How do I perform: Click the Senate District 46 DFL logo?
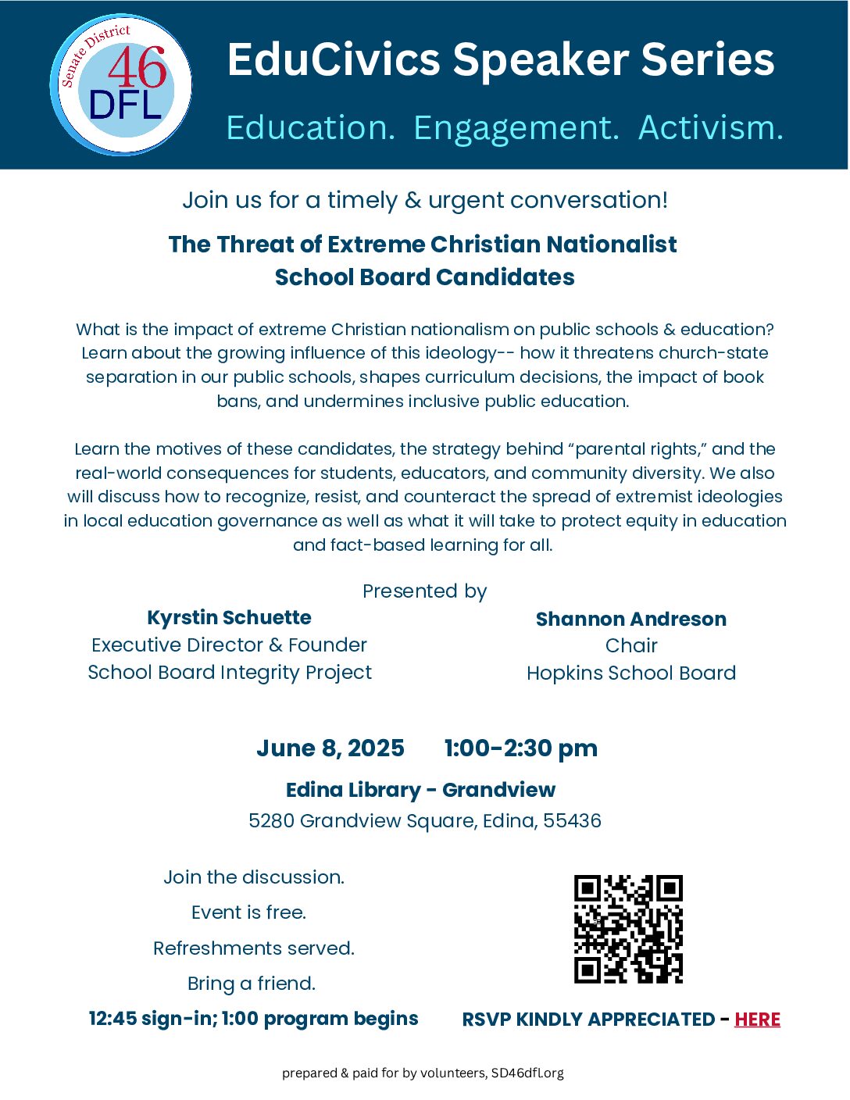point(121,84)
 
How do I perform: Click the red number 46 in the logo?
point(137,68)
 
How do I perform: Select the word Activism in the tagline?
point(710,127)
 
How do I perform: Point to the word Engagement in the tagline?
point(516,128)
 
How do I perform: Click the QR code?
point(628,929)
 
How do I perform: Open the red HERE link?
point(757,1020)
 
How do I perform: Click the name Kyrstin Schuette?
point(229,618)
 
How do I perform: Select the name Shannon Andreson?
point(630,620)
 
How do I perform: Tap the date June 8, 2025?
point(330,748)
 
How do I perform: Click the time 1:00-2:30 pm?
point(520,748)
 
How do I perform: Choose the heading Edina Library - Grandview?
point(420,790)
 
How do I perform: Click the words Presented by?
point(424,591)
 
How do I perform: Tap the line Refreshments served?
point(254,948)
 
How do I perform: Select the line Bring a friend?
point(252,984)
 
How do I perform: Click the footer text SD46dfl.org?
point(527,1073)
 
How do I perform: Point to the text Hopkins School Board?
point(630,673)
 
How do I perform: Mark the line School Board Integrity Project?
point(230,673)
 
